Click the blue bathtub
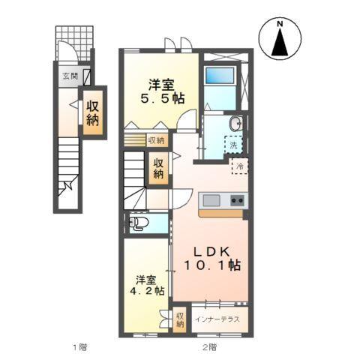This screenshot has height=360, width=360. click(220, 77)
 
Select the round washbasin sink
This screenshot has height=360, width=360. click(235, 124)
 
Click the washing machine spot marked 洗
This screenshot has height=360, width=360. click(233, 142)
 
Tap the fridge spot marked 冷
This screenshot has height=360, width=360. click(241, 166)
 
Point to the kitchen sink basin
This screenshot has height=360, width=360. click(211, 200)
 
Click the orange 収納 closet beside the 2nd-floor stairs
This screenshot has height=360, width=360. click(159, 169)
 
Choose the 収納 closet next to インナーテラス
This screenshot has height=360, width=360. click(180, 320)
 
